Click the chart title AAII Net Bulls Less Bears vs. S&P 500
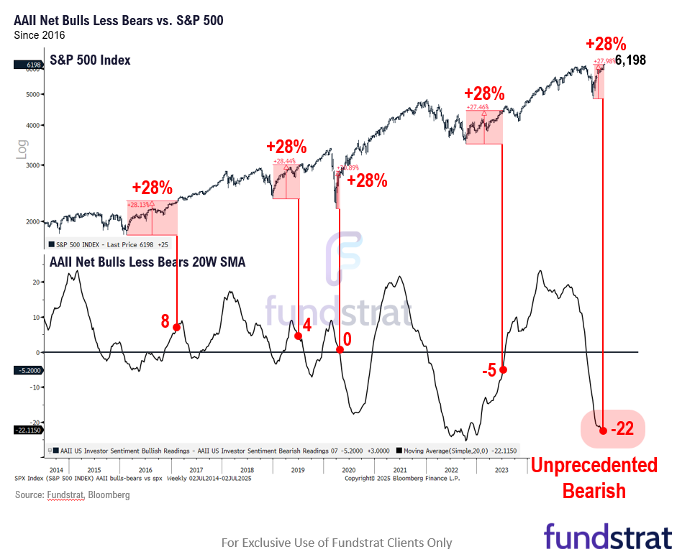click(119, 20)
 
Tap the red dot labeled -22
click(603, 431)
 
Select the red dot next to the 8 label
click(176, 327)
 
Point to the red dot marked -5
click(503, 369)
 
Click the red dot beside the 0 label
click(340, 350)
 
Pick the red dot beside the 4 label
click(298, 336)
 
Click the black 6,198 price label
click(630, 60)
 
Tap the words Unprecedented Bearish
click(594, 478)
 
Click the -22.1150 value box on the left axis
click(27, 430)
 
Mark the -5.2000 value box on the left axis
click(27, 370)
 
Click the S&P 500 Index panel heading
click(90, 60)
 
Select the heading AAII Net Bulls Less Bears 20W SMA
click(147, 262)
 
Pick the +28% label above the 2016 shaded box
click(152, 188)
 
